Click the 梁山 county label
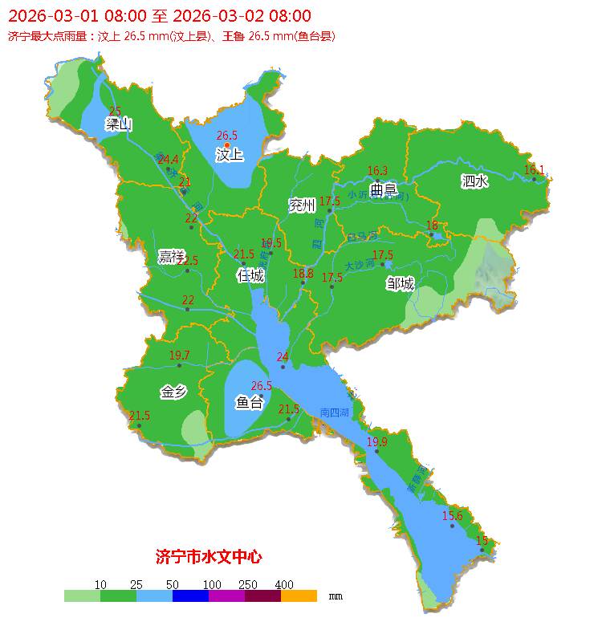click(118, 124)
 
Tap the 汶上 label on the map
click(229, 154)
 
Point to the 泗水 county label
click(474, 181)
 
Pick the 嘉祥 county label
click(171, 256)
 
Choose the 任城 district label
click(250, 276)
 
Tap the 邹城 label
click(400, 283)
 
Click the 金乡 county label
click(173, 392)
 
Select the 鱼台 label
click(248, 402)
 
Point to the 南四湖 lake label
click(334, 413)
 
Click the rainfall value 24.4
click(168, 160)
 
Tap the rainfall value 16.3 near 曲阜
click(377, 171)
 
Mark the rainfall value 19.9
click(377, 442)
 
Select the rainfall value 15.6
click(453, 516)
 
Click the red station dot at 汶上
click(227, 145)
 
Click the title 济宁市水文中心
click(208, 556)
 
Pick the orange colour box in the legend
click(299, 596)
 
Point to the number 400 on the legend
click(283, 584)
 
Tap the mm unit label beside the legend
click(336, 596)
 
